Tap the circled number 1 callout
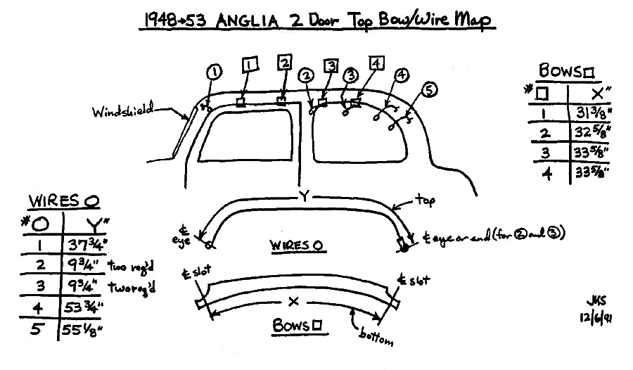(215, 71)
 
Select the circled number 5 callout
(431, 89)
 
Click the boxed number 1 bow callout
(250, 65)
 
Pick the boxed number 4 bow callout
(378, 64)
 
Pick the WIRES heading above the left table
(63, 200)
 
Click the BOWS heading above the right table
(567, 71)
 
